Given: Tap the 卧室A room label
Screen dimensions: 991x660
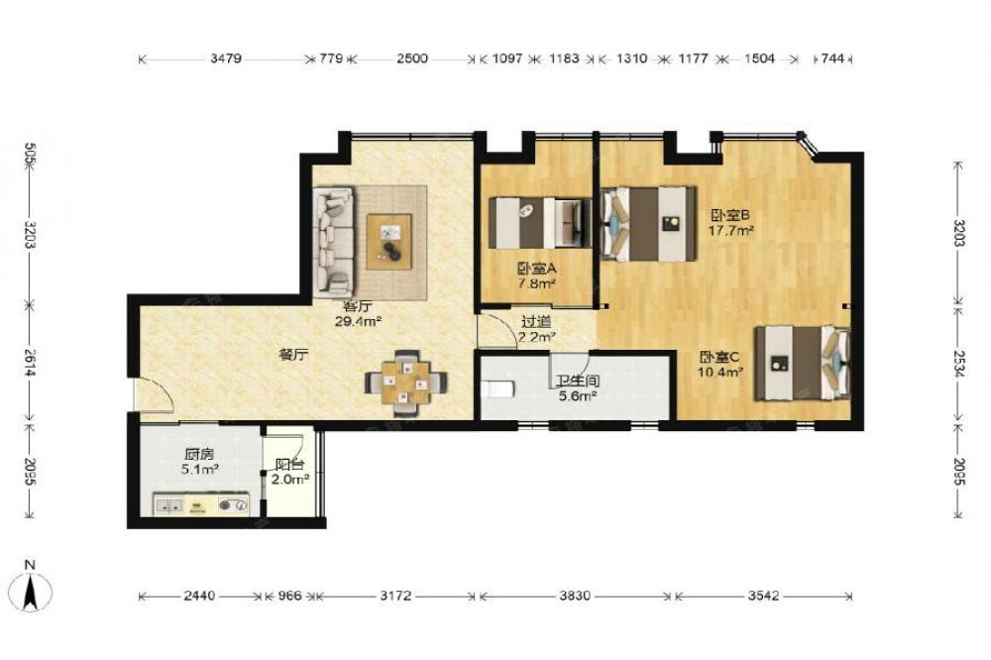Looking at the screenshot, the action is (x=536, y=269).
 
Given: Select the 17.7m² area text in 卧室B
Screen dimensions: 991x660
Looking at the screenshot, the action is (x=730, y=230).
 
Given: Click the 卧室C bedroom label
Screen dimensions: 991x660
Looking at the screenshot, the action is (x=719, y=357).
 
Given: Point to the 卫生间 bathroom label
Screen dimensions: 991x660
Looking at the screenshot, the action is (x=577, y=382).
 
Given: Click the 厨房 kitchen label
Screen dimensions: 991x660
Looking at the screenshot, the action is (x=199, y=454).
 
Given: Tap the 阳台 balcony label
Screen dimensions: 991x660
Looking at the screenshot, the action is (x=289, y=465).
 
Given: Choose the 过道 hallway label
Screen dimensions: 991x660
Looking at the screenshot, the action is (x=536, y=323).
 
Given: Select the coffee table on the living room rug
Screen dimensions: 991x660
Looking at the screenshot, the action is (x=389, y=242).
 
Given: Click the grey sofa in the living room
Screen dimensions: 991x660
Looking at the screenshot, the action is (x=334, y=242).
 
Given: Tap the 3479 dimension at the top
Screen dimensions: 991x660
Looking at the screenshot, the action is (x=226, y=58).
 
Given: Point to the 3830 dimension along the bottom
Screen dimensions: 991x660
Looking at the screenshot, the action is (x=575, y=596).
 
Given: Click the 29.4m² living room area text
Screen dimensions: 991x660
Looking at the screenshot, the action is (x=357, y=321).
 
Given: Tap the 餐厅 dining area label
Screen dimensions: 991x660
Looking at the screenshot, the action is (x=293, y=356).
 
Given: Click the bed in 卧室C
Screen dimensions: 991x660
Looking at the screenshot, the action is (x=803, y=364).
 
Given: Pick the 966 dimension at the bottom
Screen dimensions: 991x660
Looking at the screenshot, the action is (x=289, y=596).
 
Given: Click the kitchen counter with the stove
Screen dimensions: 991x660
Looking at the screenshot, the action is (x=201, y=504).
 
